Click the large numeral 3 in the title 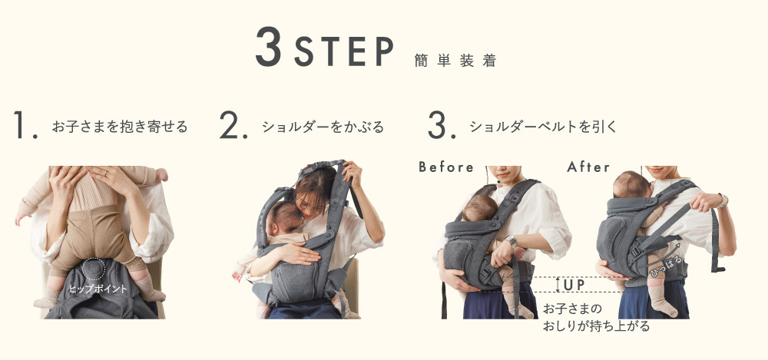tap(271, 48)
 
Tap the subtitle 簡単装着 tap(454, 61)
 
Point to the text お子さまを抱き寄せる tap(119, 126)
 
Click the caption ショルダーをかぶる tap(323, 126)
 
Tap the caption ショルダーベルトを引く tap(544, 126)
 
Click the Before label tap(446, 167)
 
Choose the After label tap(589, 167)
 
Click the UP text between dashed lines tap(574, 285)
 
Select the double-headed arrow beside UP tap(558, 285)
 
